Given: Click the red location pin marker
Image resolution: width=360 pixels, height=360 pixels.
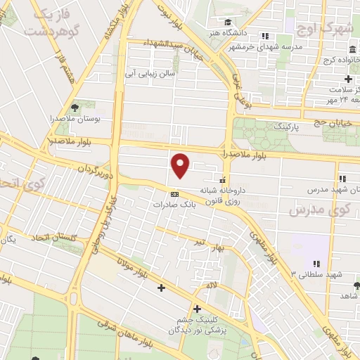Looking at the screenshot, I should (181, 165).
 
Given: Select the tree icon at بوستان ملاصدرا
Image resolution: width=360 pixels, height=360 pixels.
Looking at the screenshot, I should (75, 108).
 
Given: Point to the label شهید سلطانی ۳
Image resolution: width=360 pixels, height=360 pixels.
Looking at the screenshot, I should (321, 274).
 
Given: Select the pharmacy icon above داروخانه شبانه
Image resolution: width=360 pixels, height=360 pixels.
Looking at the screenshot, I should (224, 178).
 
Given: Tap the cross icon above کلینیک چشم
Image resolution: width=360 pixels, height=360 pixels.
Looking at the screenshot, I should (197, 309).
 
